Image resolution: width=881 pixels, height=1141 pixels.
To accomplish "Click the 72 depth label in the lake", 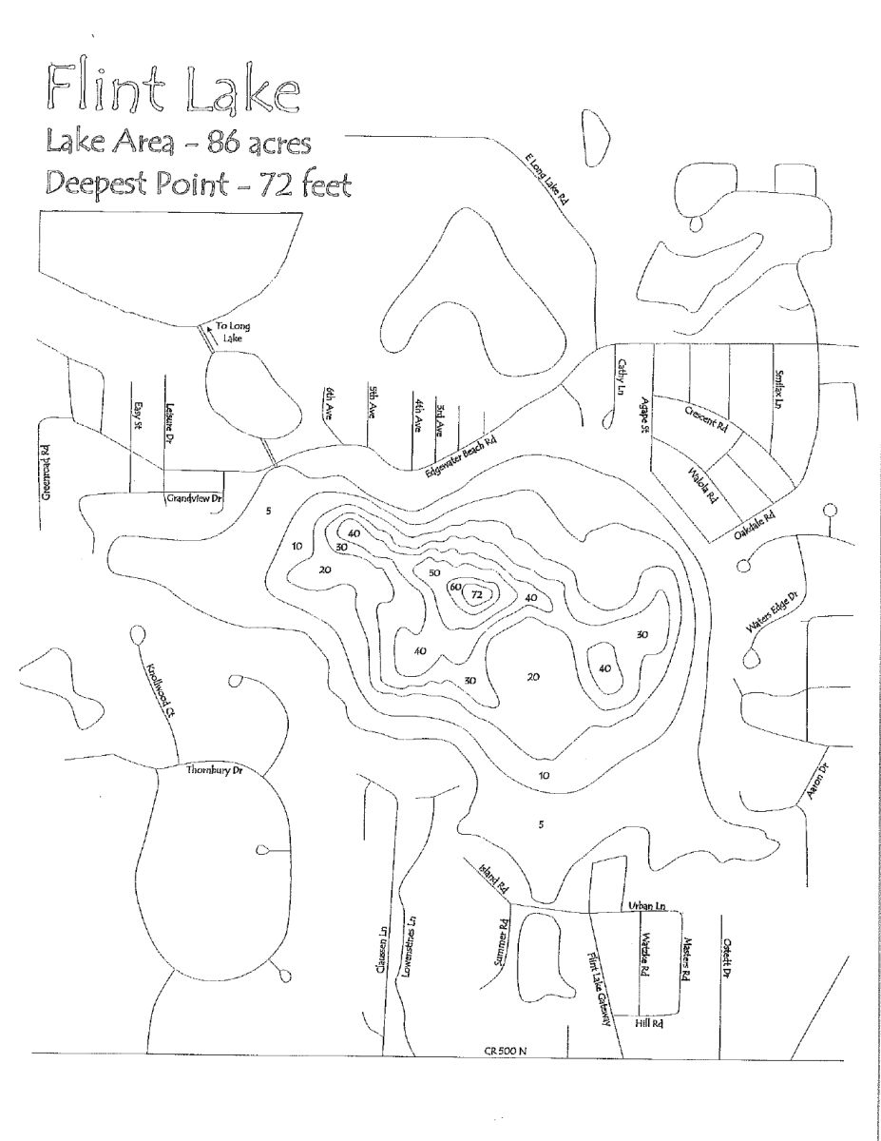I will click(477, 594).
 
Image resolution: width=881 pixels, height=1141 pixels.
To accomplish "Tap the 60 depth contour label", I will click(455, 588).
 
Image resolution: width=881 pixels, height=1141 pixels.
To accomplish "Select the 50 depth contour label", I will click(433, 573).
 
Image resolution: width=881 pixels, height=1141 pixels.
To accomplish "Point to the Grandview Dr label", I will click(193, 497).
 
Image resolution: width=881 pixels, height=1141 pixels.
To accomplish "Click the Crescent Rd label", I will click(706, 417).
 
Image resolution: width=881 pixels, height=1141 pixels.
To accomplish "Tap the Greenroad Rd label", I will click(45, 473).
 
